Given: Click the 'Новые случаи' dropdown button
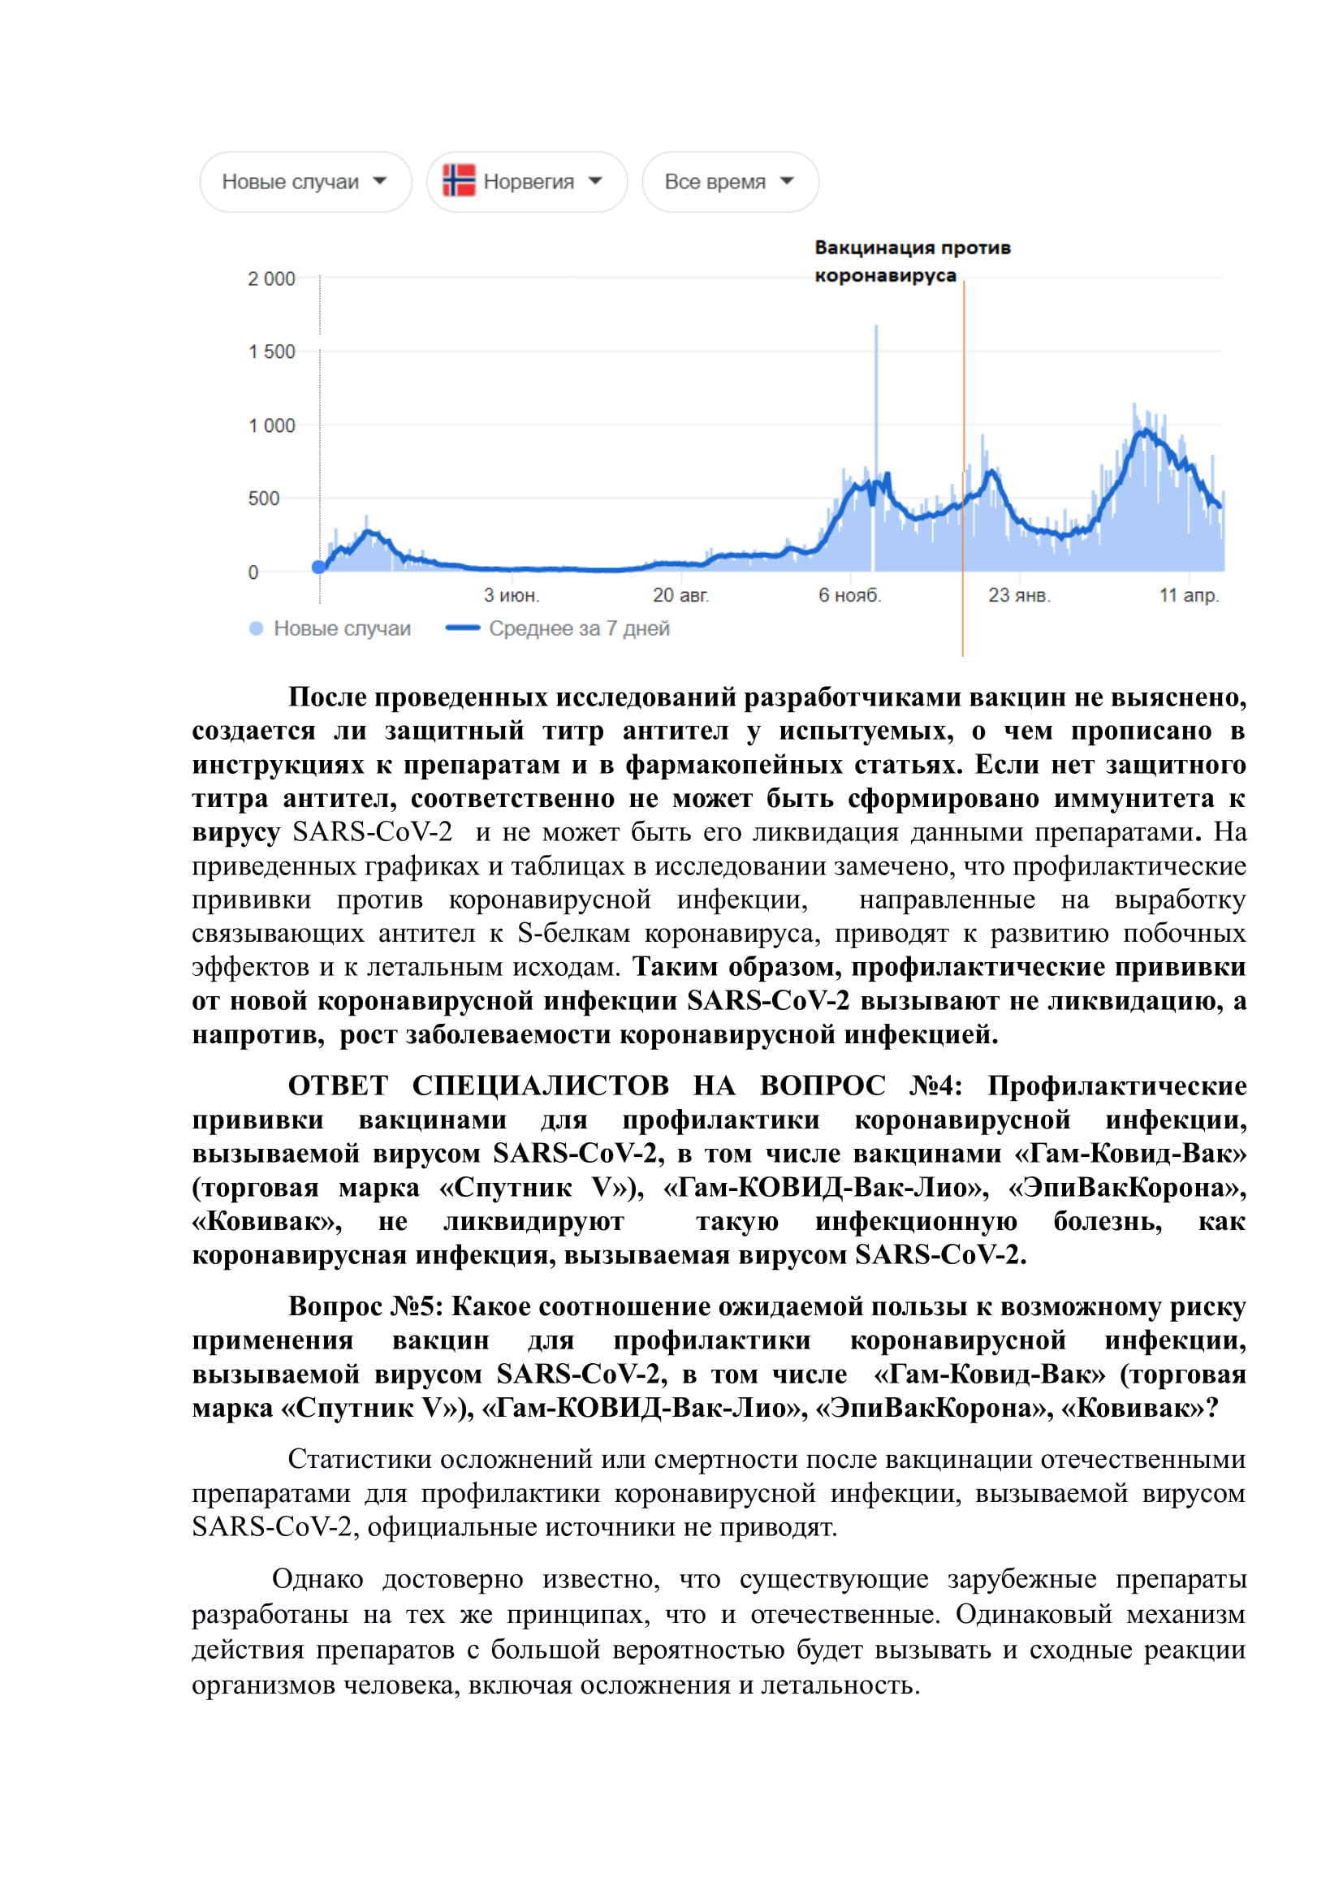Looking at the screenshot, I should [304, 182].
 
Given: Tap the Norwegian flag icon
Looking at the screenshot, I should [458, 180].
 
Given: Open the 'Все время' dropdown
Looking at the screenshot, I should [729, 182].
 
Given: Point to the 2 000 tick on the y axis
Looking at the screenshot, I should [271, 279].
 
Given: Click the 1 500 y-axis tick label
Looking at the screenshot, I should [271, 352].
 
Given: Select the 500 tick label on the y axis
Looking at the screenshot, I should [264, 498].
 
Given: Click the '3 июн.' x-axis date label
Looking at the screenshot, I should [511, 594].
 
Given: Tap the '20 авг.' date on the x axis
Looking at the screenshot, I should [680, 594].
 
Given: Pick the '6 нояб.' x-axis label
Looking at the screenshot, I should [849, 594].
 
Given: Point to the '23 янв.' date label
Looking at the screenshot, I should [1019, 594].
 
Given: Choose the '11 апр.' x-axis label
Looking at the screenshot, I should [1189, 594].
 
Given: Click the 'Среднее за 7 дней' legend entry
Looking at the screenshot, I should [579, 628].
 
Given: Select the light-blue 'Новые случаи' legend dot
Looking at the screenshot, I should [257, 629].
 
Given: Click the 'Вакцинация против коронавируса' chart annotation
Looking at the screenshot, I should [911, 261].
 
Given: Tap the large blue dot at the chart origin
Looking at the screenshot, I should [319, 568].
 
